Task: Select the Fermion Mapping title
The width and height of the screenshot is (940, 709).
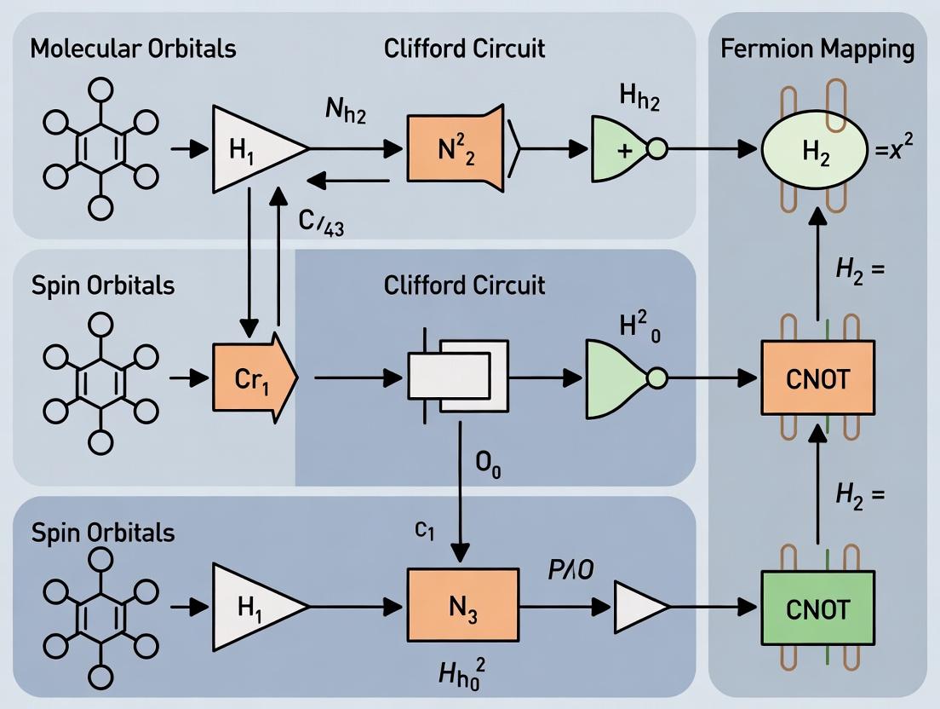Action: click(817, 49)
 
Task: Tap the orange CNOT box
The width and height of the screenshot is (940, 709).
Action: click(817, 377)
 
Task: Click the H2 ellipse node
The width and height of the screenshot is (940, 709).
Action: click(815, 151)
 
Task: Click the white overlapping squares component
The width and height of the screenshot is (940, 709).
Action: click(457, 377)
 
